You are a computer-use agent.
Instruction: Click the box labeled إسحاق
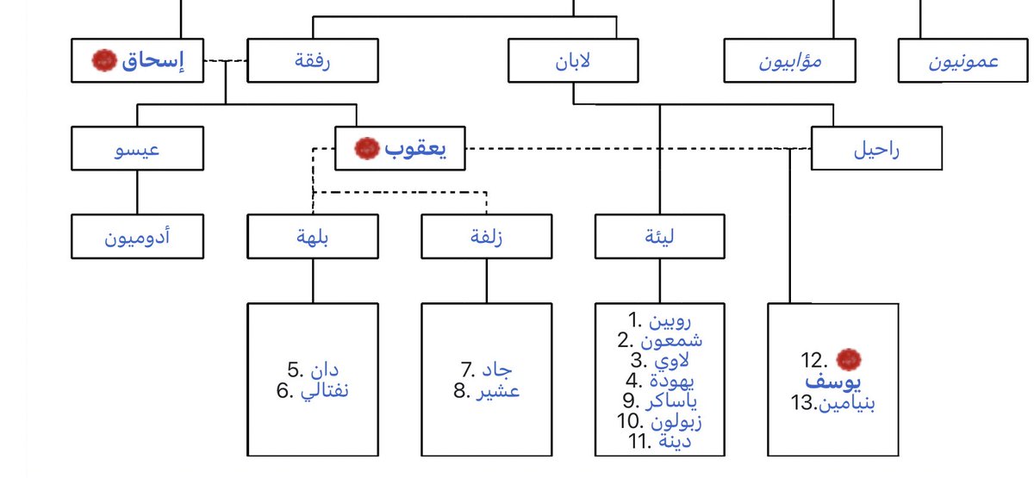tap(138, 60)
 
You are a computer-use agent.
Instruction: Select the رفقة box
tap(312, 60)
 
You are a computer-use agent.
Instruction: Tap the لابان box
tap(573, 60)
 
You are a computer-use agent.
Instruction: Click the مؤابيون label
tap(790, 62)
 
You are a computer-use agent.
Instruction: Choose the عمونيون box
tap(963, 62)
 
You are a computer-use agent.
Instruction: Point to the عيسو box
tap(137, 148)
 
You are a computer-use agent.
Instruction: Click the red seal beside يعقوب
tap(367, 148)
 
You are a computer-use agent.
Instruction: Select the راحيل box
tap(876, 148)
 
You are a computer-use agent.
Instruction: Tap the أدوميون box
tap(137, 236)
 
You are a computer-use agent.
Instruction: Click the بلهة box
tap(312, 236)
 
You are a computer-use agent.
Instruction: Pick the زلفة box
tap(487, 236)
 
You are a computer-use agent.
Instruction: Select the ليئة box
tap(660, 236)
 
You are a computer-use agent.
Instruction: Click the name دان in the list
tap(324, 371)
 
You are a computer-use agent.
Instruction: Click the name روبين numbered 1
tap(672, 320)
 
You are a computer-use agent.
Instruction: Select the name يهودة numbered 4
tap(672, 380)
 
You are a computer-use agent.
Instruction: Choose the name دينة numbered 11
tap(672, 441)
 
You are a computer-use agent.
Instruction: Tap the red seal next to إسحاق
tap(103, 60)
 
